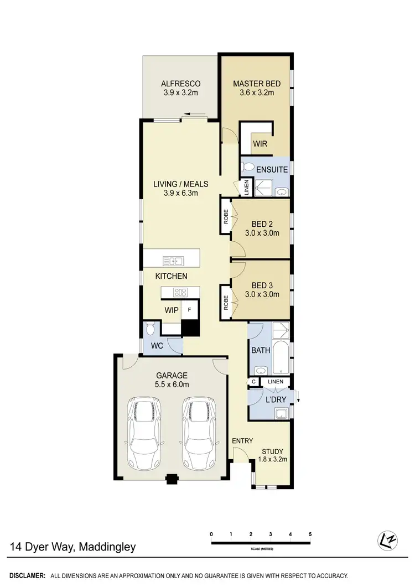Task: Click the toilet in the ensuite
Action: click(248, 167)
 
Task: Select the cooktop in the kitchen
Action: click(180, 292)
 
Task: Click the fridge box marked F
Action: click(190, 310)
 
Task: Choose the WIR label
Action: click(261, 144)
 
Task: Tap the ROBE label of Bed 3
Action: click(226, 303)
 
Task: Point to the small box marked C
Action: click(253, 382)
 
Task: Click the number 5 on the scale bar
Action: click(310, 534)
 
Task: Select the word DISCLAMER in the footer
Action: click(27, 575)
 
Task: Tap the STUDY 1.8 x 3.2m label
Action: click(272, 455)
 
